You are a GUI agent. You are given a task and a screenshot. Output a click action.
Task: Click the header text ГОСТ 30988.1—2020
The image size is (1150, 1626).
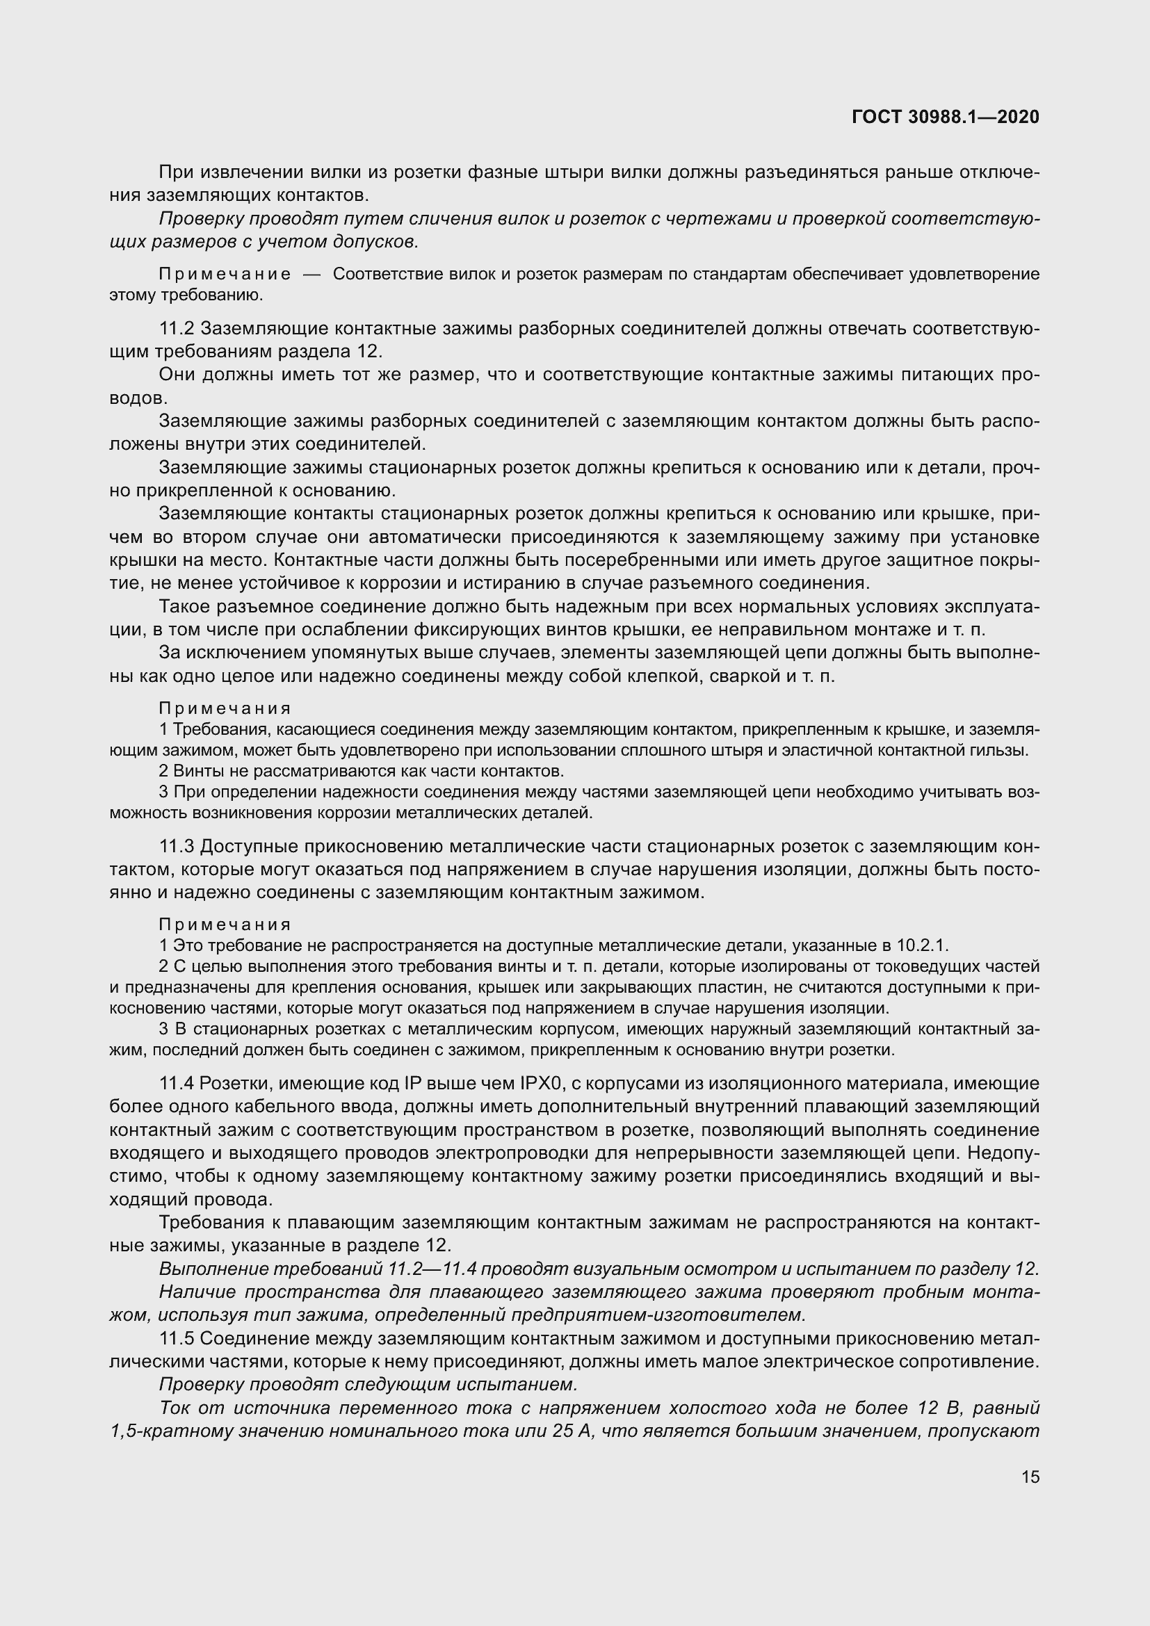[x=946, y=117]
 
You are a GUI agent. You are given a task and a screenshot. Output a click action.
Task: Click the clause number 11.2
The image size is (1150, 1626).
[x=177, y=329]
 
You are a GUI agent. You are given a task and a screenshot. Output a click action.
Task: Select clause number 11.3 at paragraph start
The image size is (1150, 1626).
[x=177, y=846]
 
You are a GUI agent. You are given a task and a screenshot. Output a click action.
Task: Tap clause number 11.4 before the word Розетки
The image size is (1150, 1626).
[x=177, y=1084]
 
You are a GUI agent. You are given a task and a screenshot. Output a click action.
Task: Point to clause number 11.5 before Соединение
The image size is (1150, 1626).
[x=177, y=1338]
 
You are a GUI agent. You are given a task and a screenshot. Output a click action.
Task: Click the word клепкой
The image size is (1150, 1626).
[x=667, y=676]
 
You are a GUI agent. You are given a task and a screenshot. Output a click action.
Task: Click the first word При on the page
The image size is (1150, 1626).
[x=175, y=172]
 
